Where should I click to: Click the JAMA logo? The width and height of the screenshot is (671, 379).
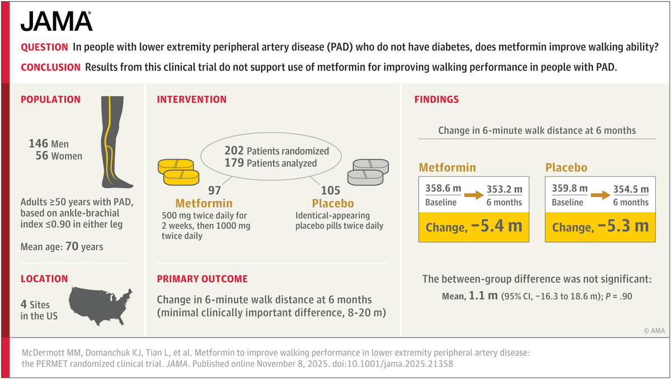(x=57, y=21)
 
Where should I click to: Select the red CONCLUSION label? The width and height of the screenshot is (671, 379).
(x=50, y=67)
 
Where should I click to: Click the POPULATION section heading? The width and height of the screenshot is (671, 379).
(x=50, y=100)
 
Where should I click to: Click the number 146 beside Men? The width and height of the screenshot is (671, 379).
(x=38, y=144)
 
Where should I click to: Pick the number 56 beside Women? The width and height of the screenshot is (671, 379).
(x=42, y=156)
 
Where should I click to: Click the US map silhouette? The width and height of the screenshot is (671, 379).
(x=100, y=305)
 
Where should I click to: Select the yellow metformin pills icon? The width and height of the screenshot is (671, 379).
(x=179, y=170)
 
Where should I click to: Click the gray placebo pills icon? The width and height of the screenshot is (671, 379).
(x=367, y=171)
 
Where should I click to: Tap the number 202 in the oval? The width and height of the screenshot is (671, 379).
(x=234, y=151)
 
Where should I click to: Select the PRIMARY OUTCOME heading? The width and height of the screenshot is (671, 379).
(x=202, y=279)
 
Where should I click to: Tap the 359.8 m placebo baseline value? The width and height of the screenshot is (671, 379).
(x=570, y=189)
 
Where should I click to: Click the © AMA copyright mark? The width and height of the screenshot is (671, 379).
(x=654, y=331)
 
